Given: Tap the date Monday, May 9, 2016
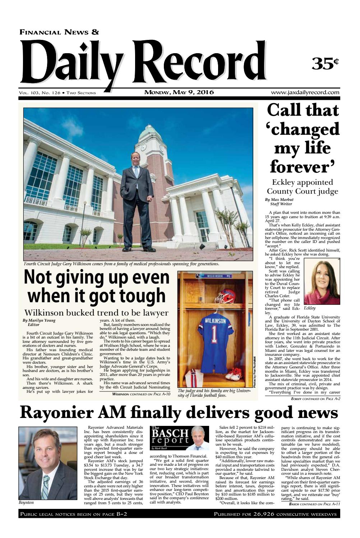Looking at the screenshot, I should (x=179, y=92).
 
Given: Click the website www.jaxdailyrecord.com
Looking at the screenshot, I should (x=305, y=92).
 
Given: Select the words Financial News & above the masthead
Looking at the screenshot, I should (x=59, y=32).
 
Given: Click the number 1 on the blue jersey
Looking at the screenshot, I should (x=214, y=334).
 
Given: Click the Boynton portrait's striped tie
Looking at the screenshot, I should (x=46, y=485).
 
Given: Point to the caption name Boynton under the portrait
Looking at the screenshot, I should (x=26, y=502).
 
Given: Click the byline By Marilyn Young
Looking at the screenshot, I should (x=39, y=320).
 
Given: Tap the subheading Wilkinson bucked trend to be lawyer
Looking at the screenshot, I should (x=96, y=312).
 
